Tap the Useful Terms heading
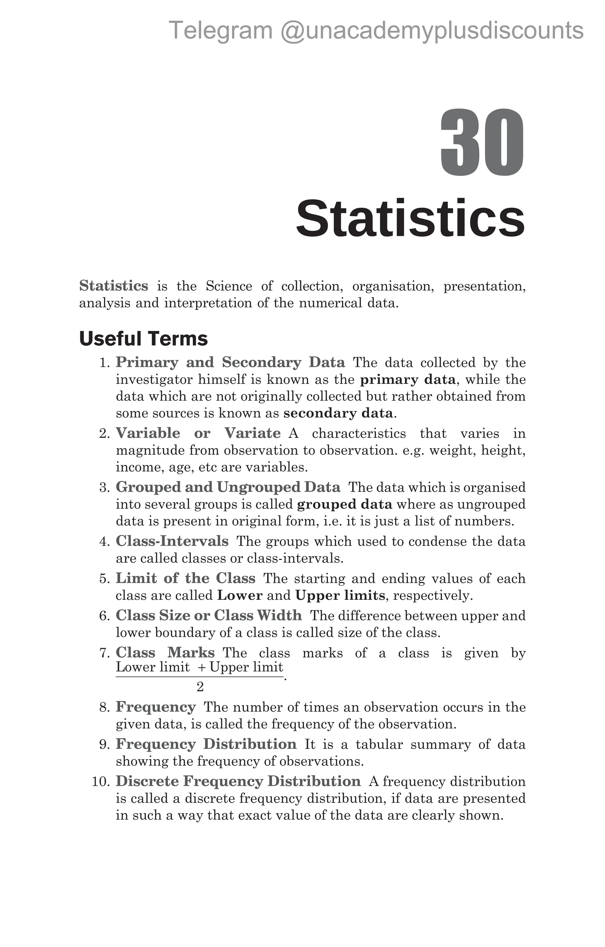coord(144,339)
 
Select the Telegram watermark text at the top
coord(376,31)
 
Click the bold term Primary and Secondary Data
coord(230,362)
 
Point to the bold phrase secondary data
coord(338,413)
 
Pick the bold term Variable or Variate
coord(198,433)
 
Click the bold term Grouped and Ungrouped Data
coord(228,487)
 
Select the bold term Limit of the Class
coord(185,579)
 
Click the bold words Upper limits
coord(340,595)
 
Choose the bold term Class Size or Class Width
coord(209,615)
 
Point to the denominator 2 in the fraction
coord(200,687)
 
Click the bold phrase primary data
coord(408,379)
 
